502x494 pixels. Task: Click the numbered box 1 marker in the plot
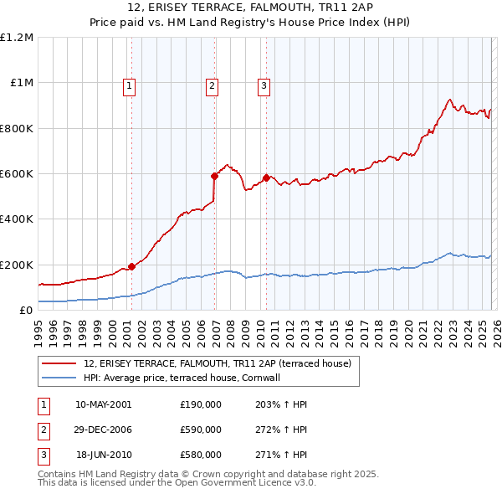point(131,85)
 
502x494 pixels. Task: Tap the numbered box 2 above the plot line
point(213,85)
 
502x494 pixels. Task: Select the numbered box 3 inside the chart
point(264,85)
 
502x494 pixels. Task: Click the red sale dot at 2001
point(131,266)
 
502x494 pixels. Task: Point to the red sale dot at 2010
point(266,178)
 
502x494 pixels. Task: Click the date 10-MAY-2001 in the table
point(103,404)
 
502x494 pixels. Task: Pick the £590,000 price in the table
point(200,430)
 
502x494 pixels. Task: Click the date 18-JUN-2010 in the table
point(103,455)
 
